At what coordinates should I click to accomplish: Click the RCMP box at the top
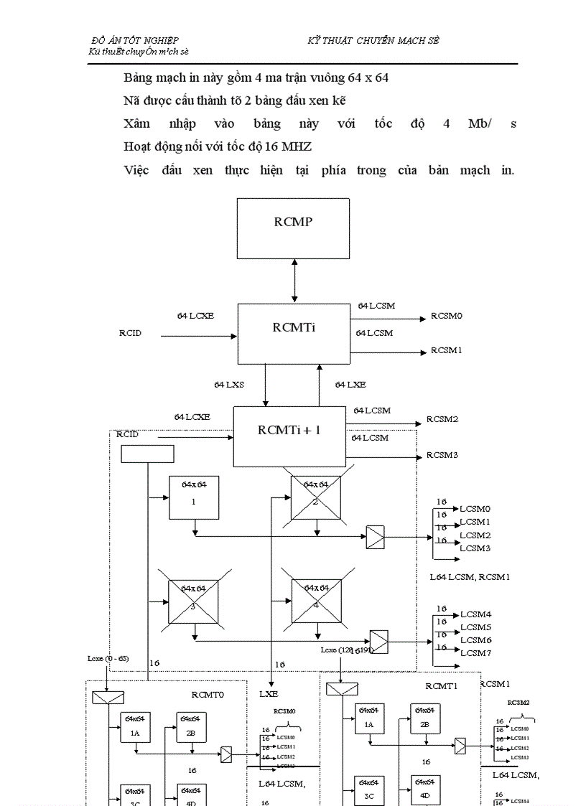(293, 228)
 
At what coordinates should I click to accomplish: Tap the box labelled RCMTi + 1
(289, 436)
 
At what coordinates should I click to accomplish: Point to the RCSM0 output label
(446, 316)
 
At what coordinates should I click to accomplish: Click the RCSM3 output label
(442, 455)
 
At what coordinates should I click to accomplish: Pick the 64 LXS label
(228, 385)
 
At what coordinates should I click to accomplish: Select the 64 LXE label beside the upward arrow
(350, 385)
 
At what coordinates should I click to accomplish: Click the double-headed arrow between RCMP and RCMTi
(293, 281)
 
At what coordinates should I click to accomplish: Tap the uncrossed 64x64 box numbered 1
(193, 497)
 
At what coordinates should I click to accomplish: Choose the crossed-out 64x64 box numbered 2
(316, 497)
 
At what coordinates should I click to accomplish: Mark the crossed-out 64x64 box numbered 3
(193, 601)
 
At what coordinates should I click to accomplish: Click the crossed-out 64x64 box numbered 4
(316, 601)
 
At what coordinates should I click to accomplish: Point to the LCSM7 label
(475, 652)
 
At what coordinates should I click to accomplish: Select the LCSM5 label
(475, 627)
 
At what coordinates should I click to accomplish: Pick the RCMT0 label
(208, 694)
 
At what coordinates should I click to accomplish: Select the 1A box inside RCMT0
(135, 726)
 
